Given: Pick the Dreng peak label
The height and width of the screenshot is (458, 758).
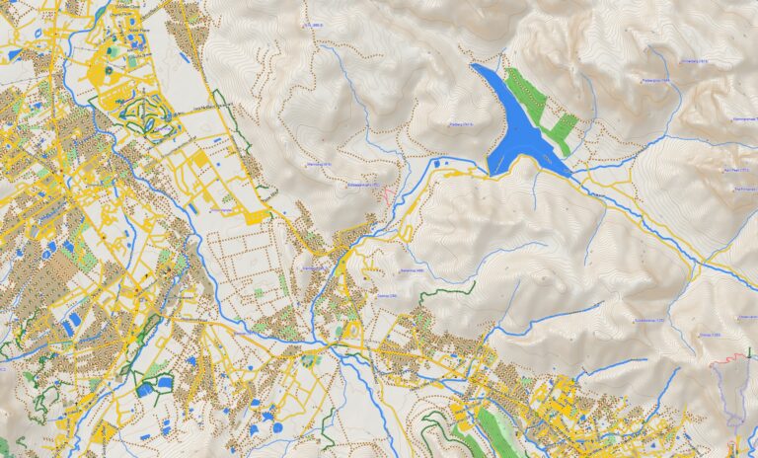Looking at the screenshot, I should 711,336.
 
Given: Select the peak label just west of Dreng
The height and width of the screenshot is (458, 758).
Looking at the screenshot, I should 646,321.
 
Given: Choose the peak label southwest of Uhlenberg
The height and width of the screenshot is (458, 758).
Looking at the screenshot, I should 655,81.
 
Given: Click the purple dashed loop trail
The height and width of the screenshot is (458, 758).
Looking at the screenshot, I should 735,395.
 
